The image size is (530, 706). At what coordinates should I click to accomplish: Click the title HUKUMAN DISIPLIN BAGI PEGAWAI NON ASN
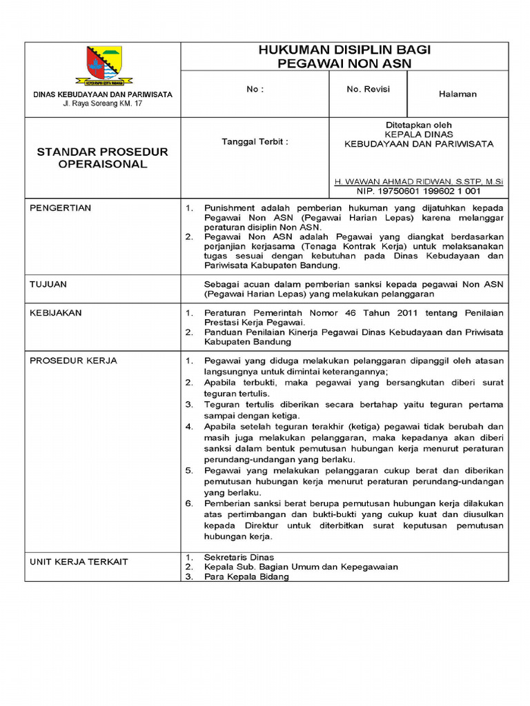pos(344,56)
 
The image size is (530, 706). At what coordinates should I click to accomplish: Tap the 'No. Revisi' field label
pos(368,90)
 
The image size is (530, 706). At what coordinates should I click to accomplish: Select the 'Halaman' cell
pos(458,94)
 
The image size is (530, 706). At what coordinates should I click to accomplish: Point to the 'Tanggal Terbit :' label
pos(255,141)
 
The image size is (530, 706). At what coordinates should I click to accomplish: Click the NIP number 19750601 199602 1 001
pos(418,191)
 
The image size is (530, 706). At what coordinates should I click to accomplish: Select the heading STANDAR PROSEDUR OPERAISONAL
pos(102,158)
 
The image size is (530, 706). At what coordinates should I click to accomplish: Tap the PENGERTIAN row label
pos(60,208)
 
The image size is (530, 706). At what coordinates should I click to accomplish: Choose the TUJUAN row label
pos(48,283)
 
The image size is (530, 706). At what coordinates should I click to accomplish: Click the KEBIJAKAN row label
pos(56,313)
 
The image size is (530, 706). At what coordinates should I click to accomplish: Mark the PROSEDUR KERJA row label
pos(73,361)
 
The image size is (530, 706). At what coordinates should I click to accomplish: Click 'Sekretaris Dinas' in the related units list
pos(239,557)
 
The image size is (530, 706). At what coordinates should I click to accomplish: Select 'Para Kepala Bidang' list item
pos(246,577)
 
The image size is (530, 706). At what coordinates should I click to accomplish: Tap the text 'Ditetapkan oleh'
pos(418,125)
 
